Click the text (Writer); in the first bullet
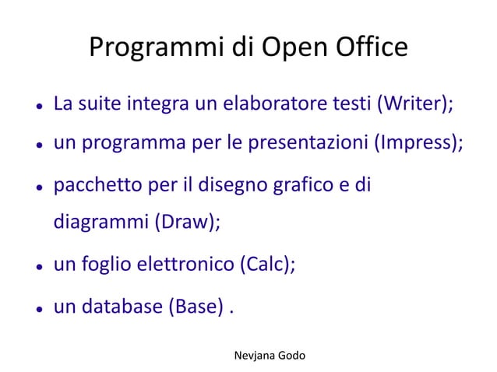[x=414, y=104]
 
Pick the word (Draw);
[x=187, y=221]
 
